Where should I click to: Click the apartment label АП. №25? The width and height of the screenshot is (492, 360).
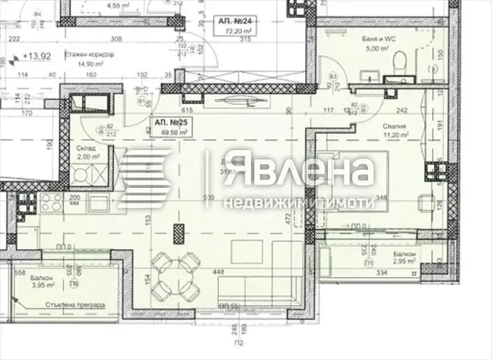pyautogui.click(x=166, y=122)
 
